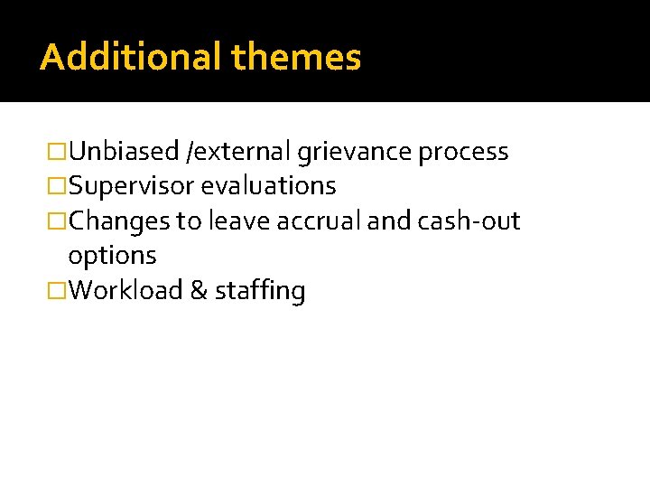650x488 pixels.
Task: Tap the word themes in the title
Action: point(296,57)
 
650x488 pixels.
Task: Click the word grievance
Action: point(355,152)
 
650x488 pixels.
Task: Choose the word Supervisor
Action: point(131,187)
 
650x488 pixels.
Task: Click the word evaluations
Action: point(268,186)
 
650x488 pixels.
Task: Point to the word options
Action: point(112,257)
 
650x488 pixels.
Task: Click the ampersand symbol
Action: point(199,291)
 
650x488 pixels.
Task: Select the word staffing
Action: point(260,292)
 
